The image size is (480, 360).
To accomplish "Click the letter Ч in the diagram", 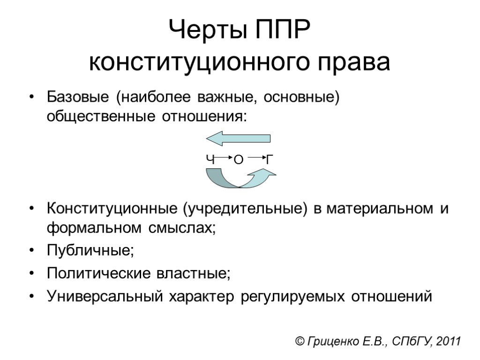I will point(210,160).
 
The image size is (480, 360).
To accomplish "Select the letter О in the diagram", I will point(238,160).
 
